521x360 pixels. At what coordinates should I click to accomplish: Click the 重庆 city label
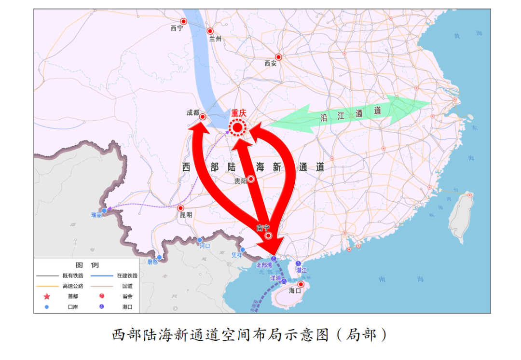click(x=238, y=113)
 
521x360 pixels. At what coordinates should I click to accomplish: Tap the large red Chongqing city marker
click(x=238, y=128)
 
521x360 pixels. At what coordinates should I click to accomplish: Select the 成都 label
click(x=193, y=112)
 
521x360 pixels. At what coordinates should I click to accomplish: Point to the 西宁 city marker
click(x=183, y=21)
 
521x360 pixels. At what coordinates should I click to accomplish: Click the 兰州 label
click(x=215, y=39)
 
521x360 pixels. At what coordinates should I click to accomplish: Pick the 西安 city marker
click(x=278, y=57)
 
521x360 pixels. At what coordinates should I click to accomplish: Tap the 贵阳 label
click(x=240, y=181)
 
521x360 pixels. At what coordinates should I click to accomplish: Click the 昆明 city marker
click(x=181, y=208)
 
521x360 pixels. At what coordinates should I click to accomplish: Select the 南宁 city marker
click(x=269, y=235)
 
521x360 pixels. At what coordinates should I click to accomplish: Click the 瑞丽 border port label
click(x=96, y=215)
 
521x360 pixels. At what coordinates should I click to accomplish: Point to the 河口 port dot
click(x=200, y=240)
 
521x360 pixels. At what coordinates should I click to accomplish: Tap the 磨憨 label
click(x=152, y=262)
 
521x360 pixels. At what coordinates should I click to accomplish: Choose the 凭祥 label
click(x=236, y=254)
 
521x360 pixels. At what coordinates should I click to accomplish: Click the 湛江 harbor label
click(x=302, y=270)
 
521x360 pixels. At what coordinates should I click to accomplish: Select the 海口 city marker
click(x=301, y=284)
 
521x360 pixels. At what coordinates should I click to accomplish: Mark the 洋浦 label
click(x=275, y=279)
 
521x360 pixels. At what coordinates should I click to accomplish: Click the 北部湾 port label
click(x=264, y=265)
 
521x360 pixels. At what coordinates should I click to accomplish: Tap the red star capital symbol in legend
click(x=47, y=296)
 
